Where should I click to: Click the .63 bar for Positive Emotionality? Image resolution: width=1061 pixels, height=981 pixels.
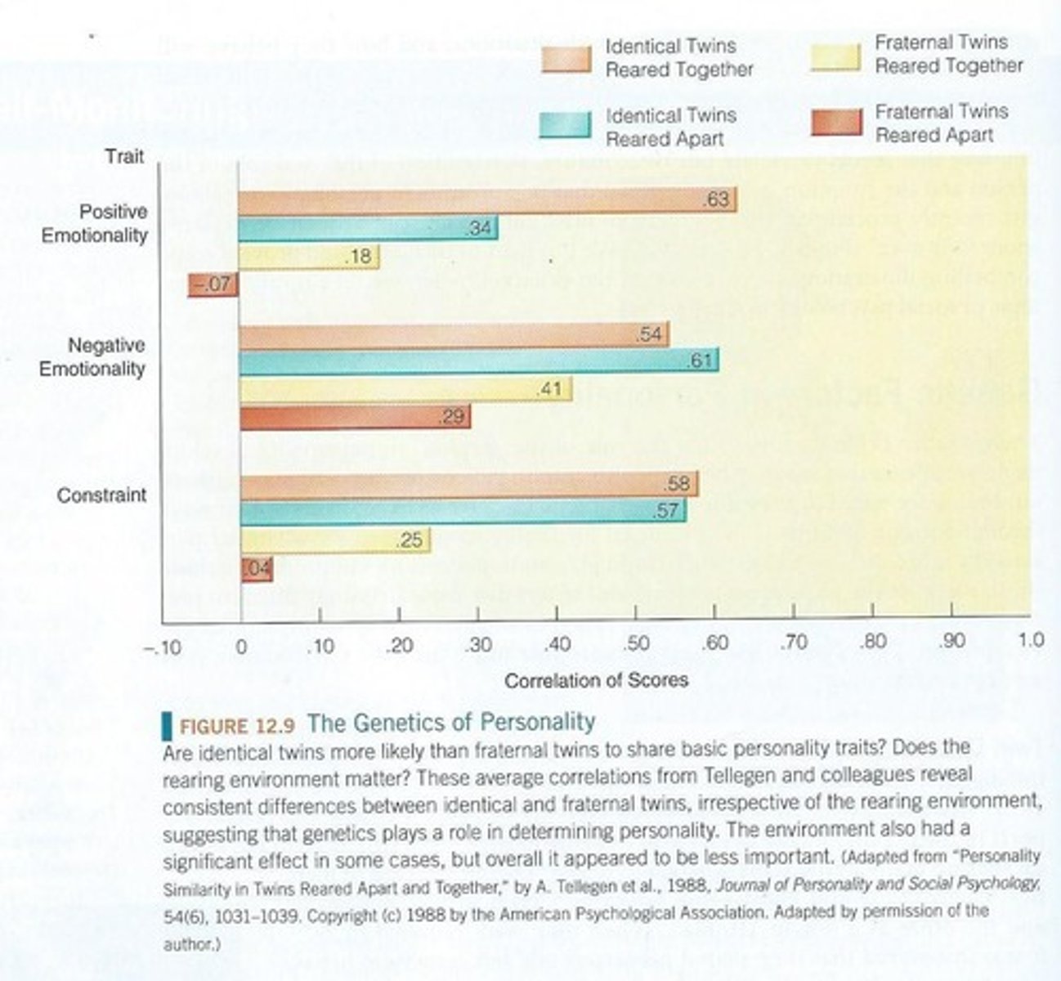(x=486, y=200)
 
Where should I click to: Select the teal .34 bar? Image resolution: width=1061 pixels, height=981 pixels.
(x=368, y=229)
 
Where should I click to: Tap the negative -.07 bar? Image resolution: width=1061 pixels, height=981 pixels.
(x=213, y=285)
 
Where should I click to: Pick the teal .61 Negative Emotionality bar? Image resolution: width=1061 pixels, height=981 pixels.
(x=478, y=361)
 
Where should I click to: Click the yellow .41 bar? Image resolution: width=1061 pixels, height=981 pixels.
(x=405, y=390)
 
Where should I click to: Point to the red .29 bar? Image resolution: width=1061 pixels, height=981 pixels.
(x=354, y=417)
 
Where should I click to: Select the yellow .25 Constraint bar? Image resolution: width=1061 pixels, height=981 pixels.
(x=335, y=541)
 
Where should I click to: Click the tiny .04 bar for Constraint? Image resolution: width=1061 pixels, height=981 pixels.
(x=257, y=570)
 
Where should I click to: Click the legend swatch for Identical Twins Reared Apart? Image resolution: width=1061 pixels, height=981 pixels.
(x=565, y=125)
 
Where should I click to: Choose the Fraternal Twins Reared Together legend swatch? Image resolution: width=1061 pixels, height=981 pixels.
(x=835, y=57)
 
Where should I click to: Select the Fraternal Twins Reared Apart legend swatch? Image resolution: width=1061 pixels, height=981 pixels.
(x=835, y=123)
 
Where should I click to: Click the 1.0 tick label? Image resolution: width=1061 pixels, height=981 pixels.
(x=1031, y=640)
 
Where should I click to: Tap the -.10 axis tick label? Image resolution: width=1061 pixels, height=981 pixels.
(x=161, y=647)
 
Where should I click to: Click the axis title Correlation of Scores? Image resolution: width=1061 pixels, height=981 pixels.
(x=597, y=680)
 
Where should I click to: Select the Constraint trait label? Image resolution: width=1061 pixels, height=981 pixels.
(x=102, y=495)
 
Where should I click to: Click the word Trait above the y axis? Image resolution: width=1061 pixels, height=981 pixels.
(x=124, y=156)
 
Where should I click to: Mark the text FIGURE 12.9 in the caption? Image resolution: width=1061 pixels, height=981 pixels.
(x=235, y=726)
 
